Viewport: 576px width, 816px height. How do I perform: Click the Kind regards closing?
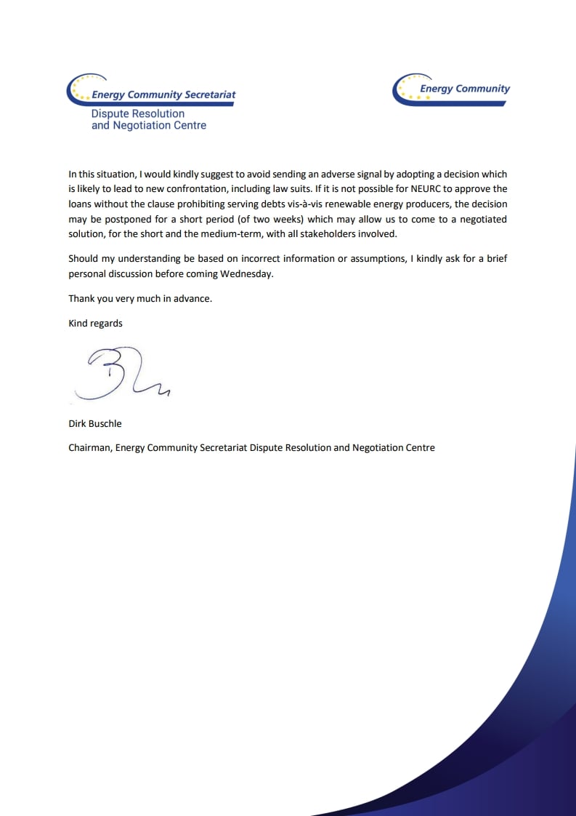[x=95, y=324]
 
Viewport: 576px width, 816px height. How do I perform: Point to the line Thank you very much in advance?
[x=139, y=299]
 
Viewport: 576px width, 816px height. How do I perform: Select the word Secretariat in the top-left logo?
[x=211, y=95]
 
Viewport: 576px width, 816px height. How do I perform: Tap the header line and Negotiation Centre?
[x=148, y=126]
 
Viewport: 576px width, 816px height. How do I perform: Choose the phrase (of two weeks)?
[x=272, y=220]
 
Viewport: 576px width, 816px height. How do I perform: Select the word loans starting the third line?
[x=81, y=204]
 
